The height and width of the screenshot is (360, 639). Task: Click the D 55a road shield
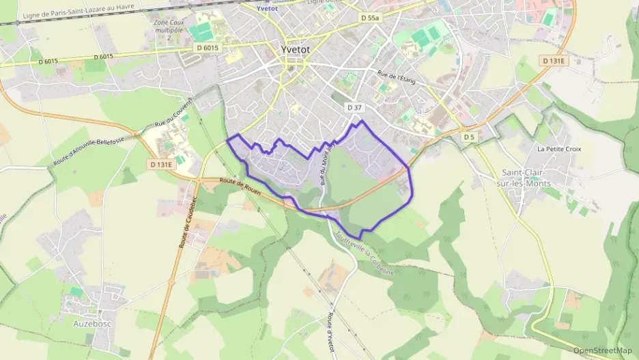point(369,18)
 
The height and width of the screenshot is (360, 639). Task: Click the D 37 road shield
point(354,108)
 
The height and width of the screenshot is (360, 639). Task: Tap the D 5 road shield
point(468,137)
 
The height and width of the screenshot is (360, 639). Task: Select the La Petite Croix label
point(558,148)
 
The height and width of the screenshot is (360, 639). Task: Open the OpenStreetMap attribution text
point(603,350)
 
